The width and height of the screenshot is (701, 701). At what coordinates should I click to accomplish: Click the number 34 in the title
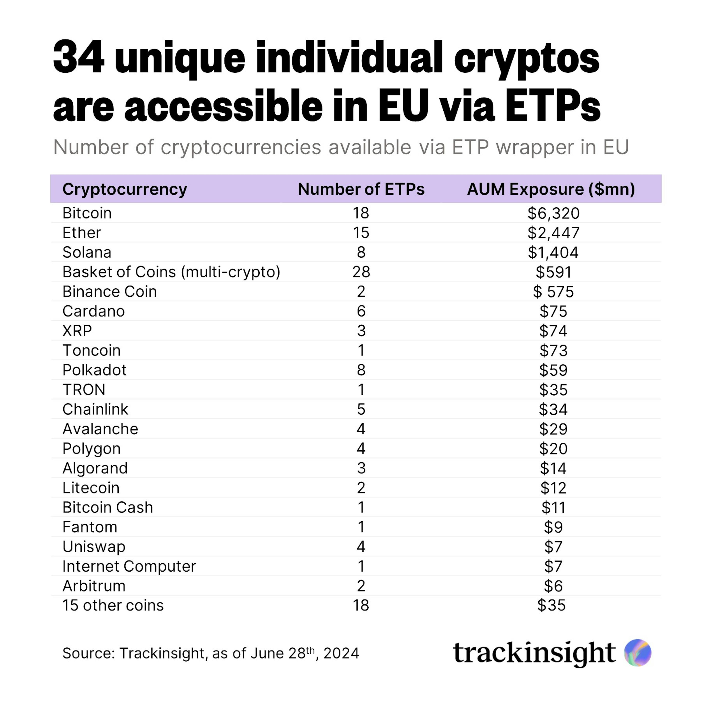(79, 57)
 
